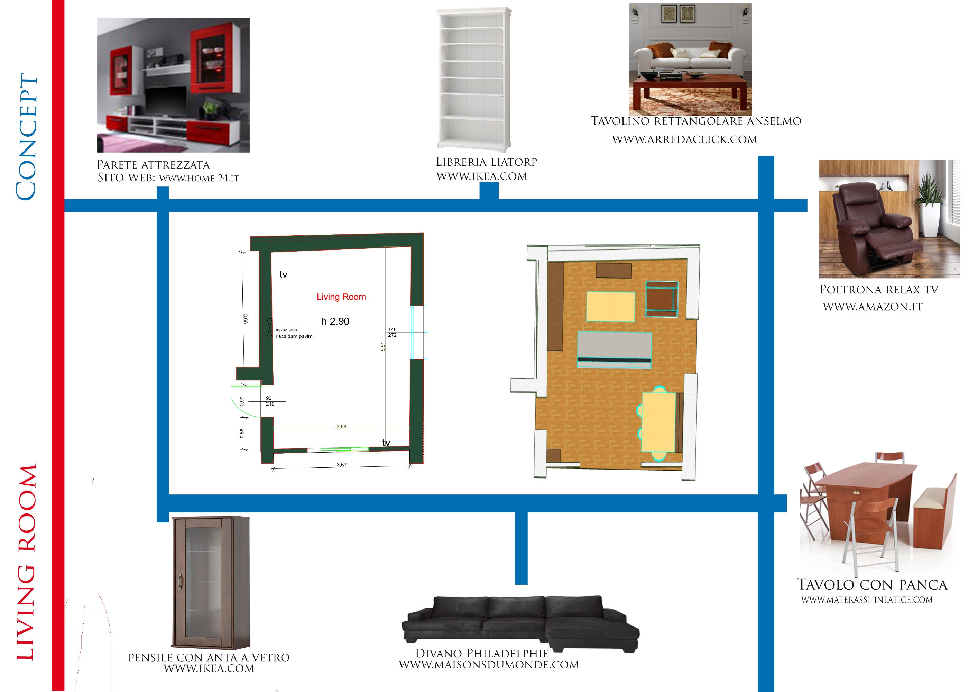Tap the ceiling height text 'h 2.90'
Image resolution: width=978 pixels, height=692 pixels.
[335, 321]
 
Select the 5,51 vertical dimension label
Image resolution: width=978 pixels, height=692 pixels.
[382, 347]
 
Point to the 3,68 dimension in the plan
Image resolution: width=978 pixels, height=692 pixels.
[341, 427]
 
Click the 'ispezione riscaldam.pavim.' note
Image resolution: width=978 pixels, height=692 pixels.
[294, 333]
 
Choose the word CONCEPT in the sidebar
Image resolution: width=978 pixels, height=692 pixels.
[26, 136]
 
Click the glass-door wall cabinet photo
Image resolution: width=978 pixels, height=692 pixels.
[210, 582]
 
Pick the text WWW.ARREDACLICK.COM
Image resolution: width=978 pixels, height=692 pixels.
[684, 139]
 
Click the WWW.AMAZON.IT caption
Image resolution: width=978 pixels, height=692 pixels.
[873, 307]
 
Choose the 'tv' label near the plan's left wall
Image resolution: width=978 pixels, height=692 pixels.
[283, 275]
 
